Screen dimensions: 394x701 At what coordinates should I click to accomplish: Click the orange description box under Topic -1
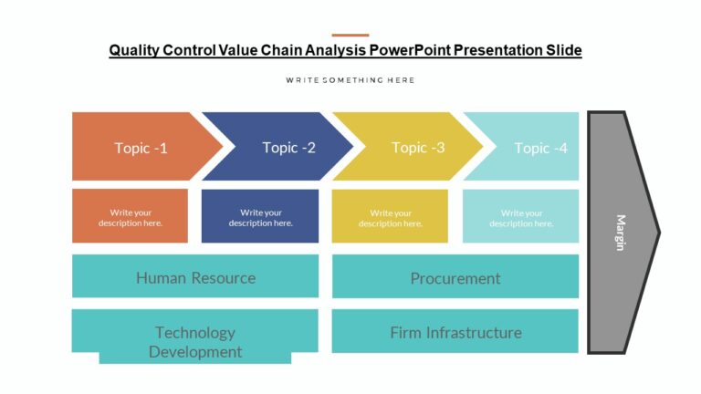(130, 217)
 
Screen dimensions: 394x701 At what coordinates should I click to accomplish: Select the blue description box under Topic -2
(260, 217)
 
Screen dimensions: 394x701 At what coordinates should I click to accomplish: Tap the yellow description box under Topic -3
(390, 217)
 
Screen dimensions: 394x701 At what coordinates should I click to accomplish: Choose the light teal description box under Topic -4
(520, 217)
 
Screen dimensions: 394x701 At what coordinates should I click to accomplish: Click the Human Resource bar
(195, 277)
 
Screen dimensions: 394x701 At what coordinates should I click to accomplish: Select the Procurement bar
(455, 277)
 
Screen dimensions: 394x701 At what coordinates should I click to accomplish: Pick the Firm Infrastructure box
(455, 332)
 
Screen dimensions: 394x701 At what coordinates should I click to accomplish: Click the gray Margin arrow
(621, 233)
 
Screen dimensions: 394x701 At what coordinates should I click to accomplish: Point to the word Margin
(621, 233)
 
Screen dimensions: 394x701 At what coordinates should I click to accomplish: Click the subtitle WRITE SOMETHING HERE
(350, 80)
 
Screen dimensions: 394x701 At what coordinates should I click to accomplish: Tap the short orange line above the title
(350, 35)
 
